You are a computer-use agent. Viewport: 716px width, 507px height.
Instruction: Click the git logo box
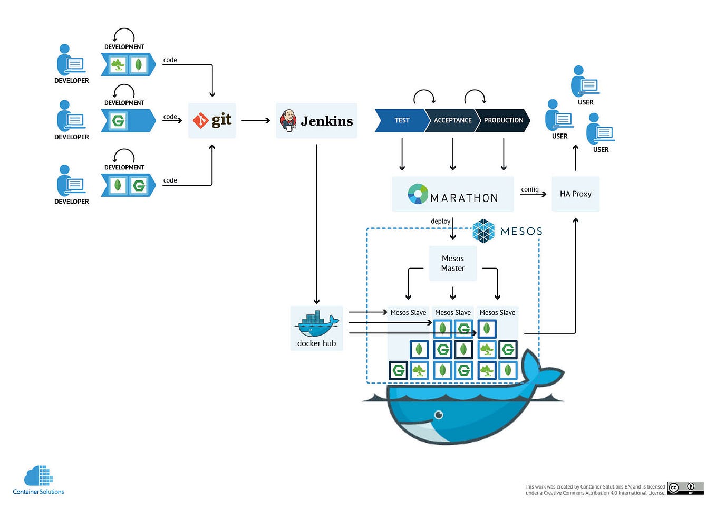point(212,121)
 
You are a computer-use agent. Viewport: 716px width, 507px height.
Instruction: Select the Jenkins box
point(316,121)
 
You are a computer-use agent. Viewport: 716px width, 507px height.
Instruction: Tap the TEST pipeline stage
point(401,120)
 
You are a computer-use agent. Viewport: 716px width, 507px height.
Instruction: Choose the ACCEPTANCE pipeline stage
point(452,120)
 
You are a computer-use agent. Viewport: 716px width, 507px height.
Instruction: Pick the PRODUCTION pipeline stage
point(503,120)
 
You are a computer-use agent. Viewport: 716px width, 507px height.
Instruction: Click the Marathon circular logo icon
point(418,194)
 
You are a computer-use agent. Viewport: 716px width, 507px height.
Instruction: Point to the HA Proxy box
point(575,194)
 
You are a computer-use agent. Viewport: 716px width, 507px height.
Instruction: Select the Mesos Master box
point(452,263)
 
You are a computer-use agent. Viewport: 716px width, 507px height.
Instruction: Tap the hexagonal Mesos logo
point(483,231)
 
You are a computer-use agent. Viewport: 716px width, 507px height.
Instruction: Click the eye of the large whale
point(439,415)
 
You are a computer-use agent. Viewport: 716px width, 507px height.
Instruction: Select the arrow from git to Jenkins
point(256,121)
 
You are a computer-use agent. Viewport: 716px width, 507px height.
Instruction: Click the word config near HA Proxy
point(529,189)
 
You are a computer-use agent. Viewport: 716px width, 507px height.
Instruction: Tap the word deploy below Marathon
point(440,221)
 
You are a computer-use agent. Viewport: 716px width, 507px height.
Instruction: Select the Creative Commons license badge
point(685,488)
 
